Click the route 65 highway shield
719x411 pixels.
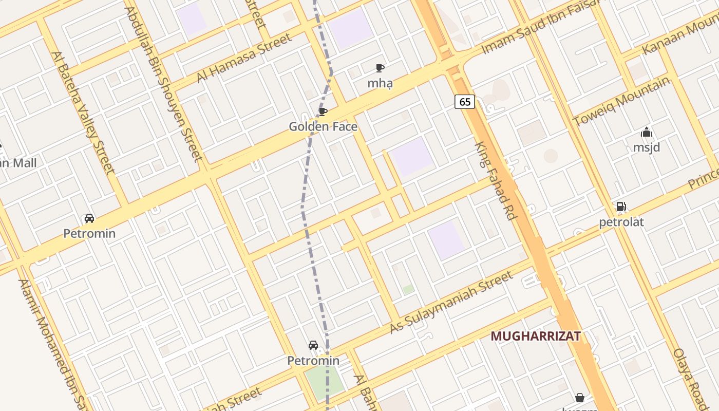coord(465,102)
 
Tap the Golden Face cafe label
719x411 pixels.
coord(323,126)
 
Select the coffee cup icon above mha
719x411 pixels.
coord(380,68)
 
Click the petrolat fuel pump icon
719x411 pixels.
coord(621,207)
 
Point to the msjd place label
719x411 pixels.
coord(647,147)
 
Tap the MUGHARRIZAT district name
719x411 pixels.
coord(536,336)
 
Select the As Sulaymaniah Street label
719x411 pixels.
coord(451,302)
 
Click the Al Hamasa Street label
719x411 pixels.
coord(244,58)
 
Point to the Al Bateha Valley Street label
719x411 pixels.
coord(83,112)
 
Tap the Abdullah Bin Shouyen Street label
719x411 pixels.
coord(164,83)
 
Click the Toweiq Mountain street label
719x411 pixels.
coord(621,101)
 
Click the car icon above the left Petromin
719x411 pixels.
coord(89,218)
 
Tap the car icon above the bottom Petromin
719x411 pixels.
coord(313,345)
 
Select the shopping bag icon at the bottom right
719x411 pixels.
coord(580,397)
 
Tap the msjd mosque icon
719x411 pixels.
coord(647,133)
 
